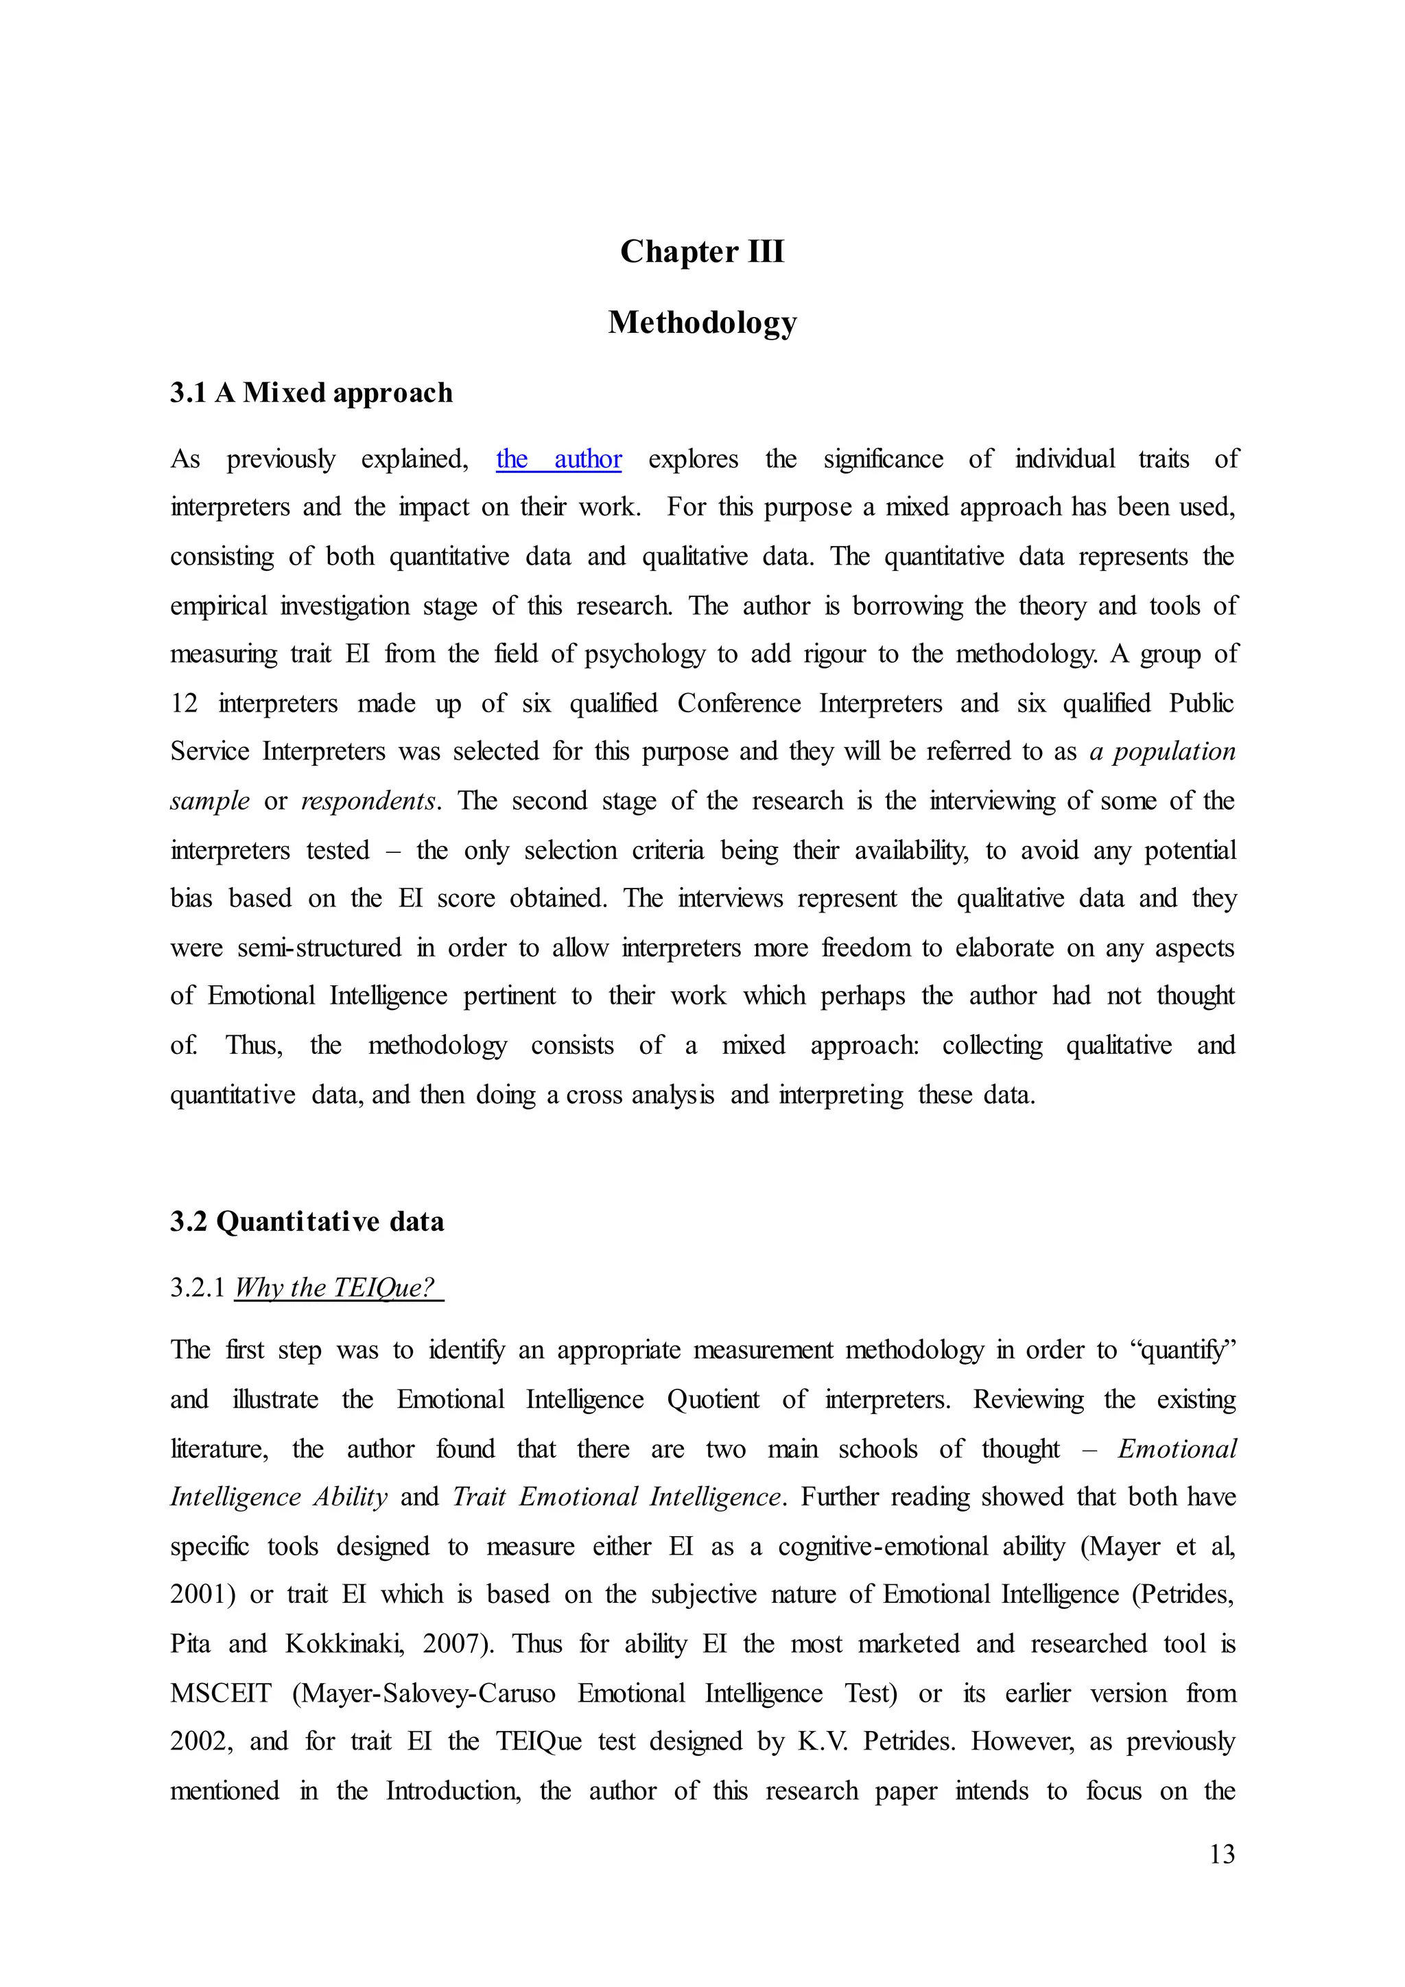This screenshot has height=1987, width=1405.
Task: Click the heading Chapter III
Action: click(x=702, y=252)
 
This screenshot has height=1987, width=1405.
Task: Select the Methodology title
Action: click(x=702, y=322)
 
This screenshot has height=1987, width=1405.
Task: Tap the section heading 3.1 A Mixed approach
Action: click(x=311, y=393)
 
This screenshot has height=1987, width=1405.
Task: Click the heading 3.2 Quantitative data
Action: click(x=307, y=1221)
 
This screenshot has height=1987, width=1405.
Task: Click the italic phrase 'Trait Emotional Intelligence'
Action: click(x=617, y=1496)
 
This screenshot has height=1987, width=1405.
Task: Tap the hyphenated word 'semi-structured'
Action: click(x=319, y=948)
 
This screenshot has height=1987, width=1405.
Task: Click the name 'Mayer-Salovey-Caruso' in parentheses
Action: click(x=424, y=1693)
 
